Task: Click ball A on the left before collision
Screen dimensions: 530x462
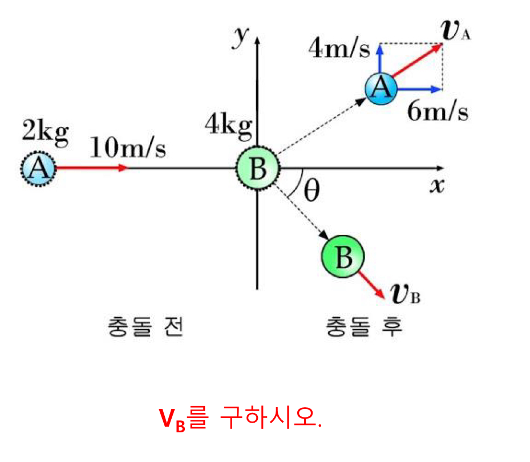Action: pos(38,168)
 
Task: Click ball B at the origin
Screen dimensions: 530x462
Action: pos(258,169)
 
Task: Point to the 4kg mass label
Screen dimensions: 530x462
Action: pos(228,127)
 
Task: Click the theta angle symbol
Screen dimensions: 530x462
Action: pos(311,191)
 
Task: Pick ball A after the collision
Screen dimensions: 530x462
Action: pos(381,88)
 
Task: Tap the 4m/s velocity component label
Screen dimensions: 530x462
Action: pos(339,49)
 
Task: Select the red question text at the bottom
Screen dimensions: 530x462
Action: pos(240,419)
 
